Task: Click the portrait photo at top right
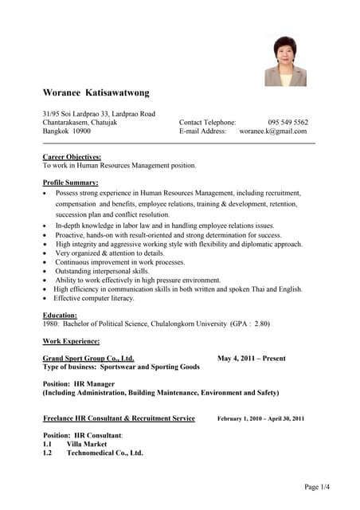point(285,61)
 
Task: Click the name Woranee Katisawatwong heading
point(96,93)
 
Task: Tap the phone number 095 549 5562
point(288,122)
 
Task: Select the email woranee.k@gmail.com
point(273,131)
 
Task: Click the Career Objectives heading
point(72,157)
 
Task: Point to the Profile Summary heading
point(70,183)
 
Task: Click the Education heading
point(60,316)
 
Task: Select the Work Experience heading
point(71,341)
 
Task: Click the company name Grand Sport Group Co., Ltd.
point(88,359)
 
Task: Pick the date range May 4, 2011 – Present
point(251,359)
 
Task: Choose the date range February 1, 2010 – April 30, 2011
point(260,418)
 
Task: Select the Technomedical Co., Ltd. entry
point(104,453)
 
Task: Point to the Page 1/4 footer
point(317,487)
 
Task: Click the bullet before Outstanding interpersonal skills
point(45,272)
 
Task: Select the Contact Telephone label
point(207,122)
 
